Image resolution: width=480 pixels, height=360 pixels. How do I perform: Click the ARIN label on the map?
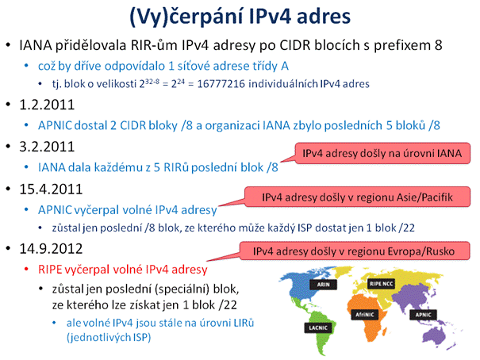pyautogui.click(x=323, y=285)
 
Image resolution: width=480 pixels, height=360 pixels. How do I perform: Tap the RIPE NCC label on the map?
pyautogui.click(x=382, y=284)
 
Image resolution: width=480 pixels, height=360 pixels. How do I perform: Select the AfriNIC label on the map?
pyautogui.click(x=365, y=315)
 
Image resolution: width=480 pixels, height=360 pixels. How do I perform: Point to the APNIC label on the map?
pyautogui.click(x=424, y=315)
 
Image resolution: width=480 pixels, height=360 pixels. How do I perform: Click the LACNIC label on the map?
pyautogui.click(x=318, y=327)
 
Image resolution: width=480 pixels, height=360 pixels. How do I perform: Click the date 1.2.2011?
pyautogui.click(x=47, y=105)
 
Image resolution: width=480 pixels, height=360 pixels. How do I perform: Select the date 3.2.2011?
pyautogui.click(x=47, y=147)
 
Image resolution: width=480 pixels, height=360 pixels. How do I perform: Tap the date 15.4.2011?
pyautogui.click(x=51, y=189)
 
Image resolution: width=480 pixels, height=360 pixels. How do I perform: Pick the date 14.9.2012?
pyautogui.click(x=51, y=249)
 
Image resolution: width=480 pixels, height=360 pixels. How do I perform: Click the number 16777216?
pyautogui.click(x=221, y=84)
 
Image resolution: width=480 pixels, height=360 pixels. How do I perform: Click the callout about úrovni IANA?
pyautogui.click(x=382, y=153)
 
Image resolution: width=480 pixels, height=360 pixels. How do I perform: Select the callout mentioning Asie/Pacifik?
pyautogui.click(x=357, y=197)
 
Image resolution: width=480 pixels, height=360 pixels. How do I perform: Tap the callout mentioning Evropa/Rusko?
pyautogui.click(x=354, y=251)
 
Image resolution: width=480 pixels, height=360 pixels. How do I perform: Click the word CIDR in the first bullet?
pyautogui.click(x=296, y=45)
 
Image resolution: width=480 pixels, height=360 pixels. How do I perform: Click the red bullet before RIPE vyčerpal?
pyautogui.click(x=26, y=269)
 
